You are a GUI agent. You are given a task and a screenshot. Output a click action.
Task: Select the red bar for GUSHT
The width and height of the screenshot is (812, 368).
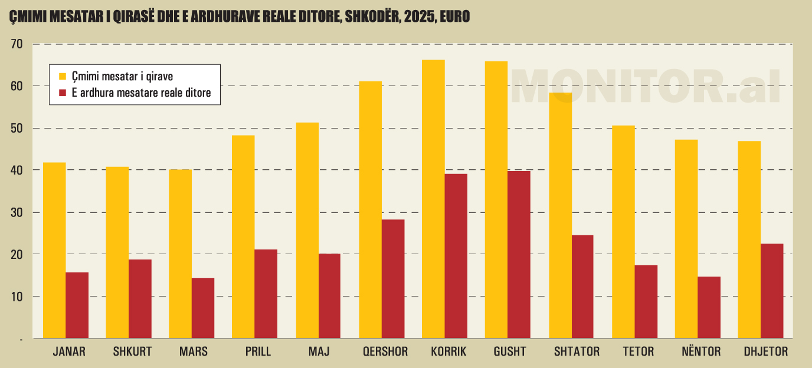[519, 254]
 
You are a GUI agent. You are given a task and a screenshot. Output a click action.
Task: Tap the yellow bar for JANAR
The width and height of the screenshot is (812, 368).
[54, 250]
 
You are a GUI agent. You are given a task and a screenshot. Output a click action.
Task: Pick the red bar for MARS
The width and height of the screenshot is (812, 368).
[203, 308]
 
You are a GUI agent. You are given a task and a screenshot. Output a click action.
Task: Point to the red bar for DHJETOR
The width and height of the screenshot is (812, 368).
[772, 291]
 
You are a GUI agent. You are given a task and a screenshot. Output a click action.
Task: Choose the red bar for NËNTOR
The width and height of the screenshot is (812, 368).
[709, 307]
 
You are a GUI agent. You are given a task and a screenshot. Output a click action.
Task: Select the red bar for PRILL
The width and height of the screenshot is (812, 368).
[266, 294]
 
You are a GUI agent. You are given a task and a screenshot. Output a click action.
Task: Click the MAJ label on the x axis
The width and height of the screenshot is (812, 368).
[319, 352]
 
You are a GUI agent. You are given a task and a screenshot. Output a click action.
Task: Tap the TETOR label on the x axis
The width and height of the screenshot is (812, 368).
[638, 352]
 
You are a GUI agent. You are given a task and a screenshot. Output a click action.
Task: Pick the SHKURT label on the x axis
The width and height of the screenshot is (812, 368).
[132, 352]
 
